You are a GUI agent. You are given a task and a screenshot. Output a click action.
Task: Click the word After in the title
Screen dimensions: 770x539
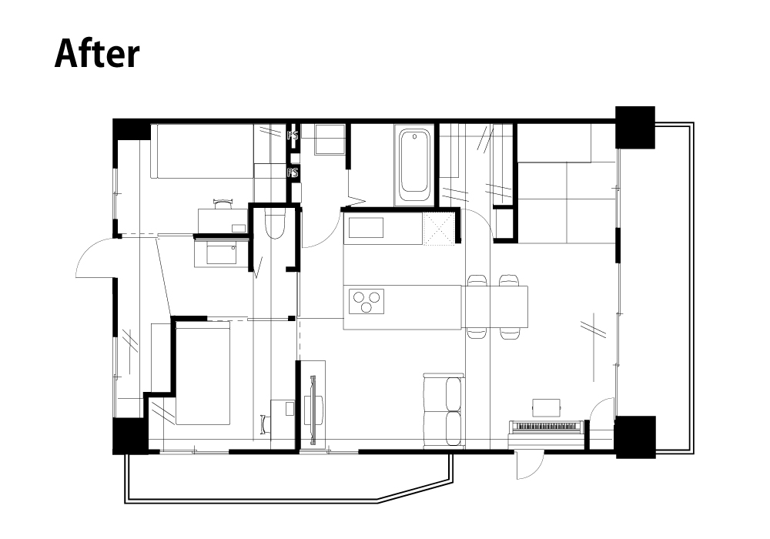tap(97, 53)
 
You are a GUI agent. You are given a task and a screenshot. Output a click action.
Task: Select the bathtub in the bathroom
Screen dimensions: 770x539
tap(414, 165)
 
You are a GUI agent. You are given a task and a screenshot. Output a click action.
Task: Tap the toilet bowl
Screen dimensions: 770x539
tap(275, 224)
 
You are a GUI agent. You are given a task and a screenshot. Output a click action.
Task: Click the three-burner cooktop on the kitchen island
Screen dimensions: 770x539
tap(367, 301)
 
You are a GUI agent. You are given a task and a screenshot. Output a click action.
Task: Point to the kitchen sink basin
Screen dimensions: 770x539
tap(366, 228)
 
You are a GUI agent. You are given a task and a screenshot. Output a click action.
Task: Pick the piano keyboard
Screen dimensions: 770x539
tap(547, 426)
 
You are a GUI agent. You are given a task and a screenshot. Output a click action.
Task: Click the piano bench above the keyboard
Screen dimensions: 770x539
tap(547, 407)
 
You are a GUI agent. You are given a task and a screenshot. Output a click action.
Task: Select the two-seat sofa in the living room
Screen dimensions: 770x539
tap(444, 410)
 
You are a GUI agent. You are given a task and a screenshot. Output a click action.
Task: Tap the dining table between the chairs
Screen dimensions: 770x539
tap(494, 306)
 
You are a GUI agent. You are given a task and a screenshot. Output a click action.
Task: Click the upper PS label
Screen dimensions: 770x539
tap(293, 135)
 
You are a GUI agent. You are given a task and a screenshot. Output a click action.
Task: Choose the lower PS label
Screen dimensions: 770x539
tap(293, 172)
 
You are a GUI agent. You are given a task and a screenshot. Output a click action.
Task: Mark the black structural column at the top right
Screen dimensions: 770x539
tap(635, 127)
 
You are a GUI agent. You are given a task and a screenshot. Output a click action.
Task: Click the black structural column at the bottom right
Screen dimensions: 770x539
tap(635, 437)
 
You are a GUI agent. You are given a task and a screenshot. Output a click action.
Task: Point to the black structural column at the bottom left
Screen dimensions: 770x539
tap(129, 436)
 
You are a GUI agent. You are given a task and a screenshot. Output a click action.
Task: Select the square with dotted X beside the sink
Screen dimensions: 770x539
tap(439, 228)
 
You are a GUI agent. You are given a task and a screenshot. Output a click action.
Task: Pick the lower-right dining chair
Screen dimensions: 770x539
tap(509, 333)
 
